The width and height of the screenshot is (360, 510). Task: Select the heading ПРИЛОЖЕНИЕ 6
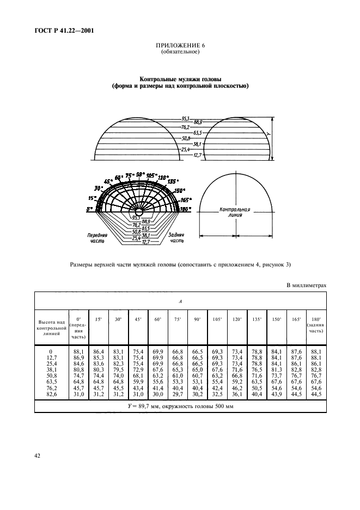tap(179, 46)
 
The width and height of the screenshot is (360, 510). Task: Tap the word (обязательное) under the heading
tap(179, 52)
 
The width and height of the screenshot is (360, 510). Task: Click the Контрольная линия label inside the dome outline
tap(234, 211)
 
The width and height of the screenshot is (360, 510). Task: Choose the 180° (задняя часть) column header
tap(316, 325)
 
